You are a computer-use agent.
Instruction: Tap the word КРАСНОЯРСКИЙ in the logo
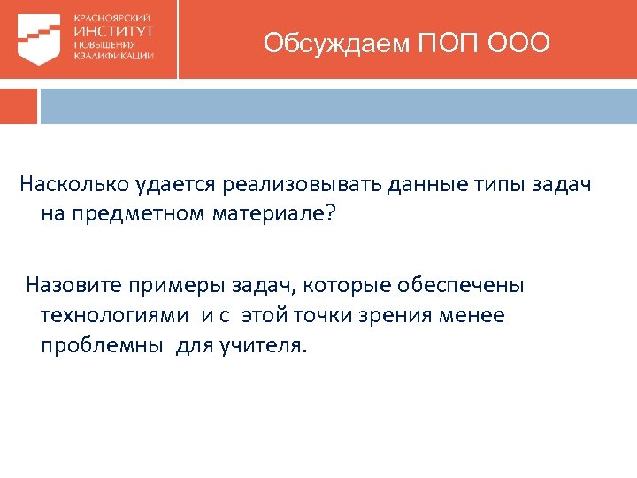[112, 18]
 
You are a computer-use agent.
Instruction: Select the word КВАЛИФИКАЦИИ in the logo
[114, 55]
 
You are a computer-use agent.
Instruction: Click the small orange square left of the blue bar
[19, 105]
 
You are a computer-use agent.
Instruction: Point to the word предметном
[137, 215]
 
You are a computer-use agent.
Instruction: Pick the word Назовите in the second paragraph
[67, 285]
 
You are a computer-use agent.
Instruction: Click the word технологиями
[114, 315]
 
